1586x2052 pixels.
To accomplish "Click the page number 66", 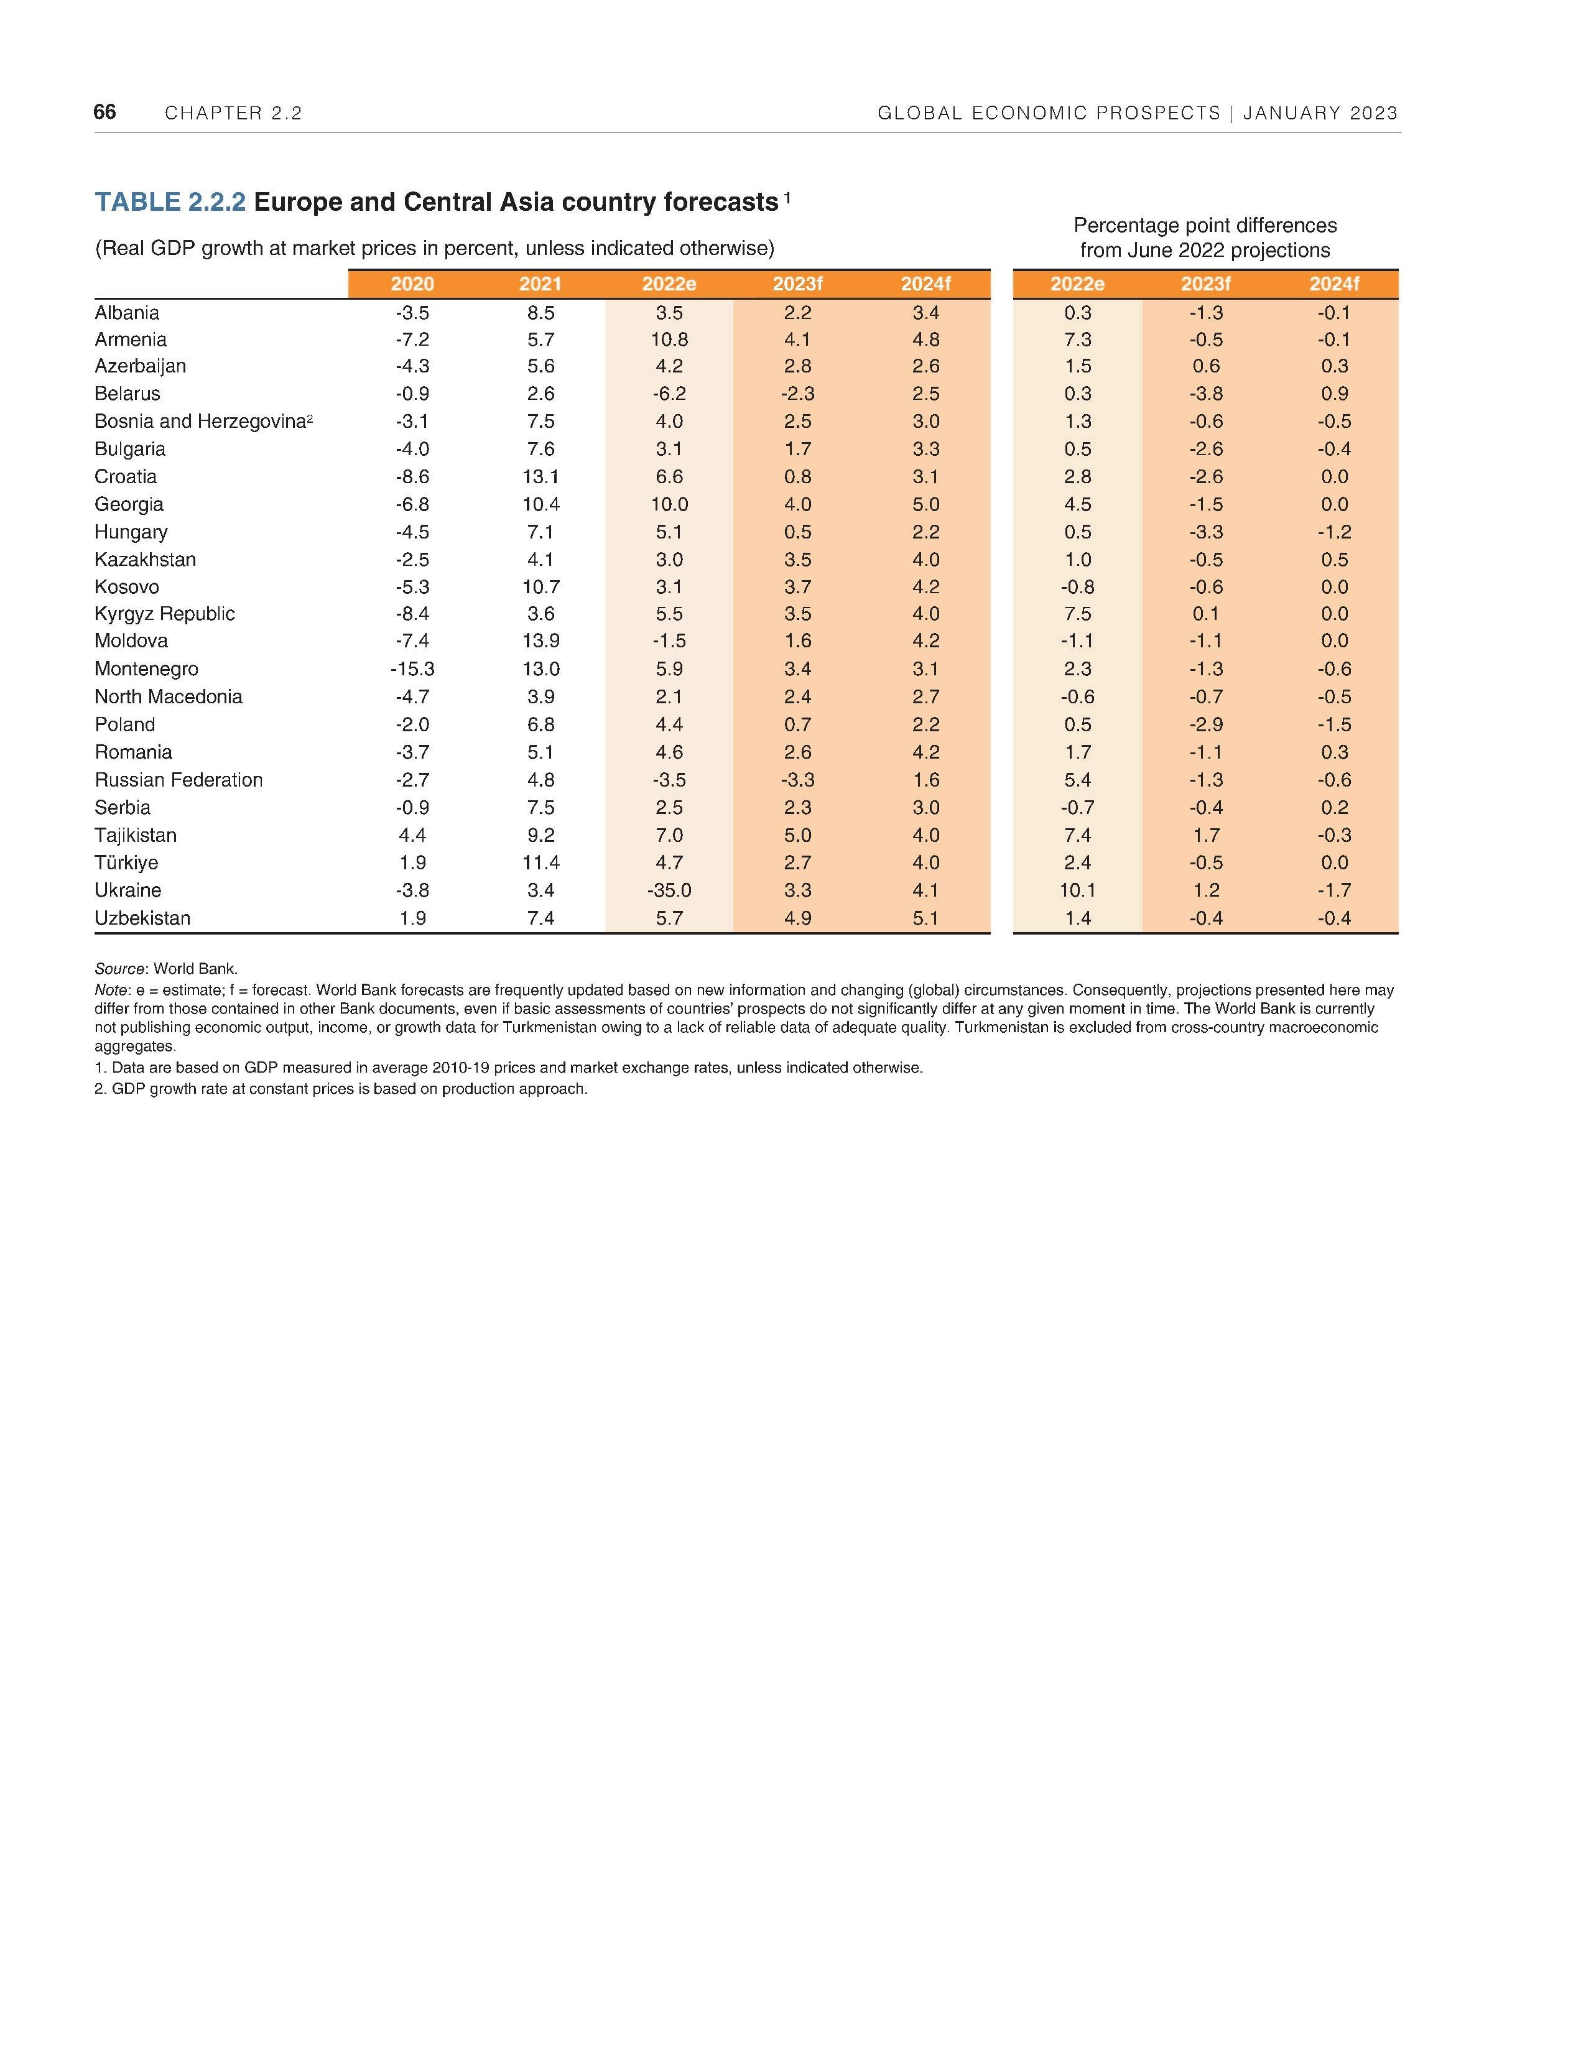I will point(104,112).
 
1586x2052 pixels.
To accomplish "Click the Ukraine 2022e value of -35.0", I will point(669,890).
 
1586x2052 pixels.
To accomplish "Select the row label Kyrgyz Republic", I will point(164,614).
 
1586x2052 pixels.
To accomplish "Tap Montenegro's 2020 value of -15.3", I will point(412,669).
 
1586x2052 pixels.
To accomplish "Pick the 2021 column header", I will point(540,284).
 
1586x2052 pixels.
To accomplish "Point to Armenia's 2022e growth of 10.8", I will point(669,339).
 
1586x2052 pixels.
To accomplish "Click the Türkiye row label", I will point(126,862).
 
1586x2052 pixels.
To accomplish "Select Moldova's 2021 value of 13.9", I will point(541,640).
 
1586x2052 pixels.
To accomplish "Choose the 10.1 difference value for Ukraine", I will point(1078,890).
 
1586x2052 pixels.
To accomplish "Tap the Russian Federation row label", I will point(179,780).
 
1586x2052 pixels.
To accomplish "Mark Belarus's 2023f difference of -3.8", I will point(1205,394).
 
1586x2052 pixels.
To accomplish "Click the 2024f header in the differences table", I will point(1334,284).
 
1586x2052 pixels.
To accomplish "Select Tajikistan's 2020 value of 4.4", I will point(412,835).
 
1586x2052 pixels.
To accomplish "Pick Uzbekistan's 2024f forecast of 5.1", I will point(925,918).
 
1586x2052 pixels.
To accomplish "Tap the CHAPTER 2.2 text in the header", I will point(233,114).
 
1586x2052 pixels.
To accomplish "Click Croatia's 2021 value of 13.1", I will point(541,476).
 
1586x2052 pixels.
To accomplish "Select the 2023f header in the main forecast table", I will point(797,284).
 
